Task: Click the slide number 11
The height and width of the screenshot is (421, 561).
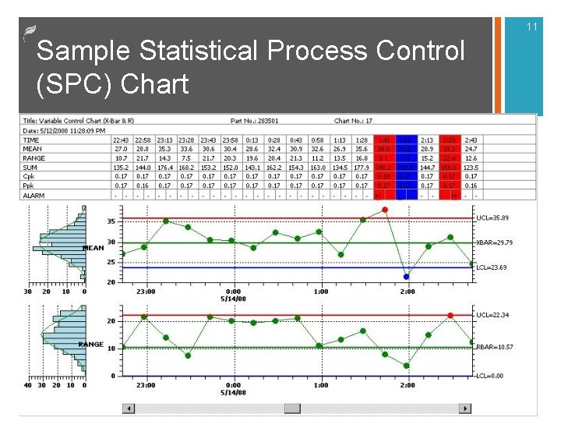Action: pyautogui.click(x=532, y=27)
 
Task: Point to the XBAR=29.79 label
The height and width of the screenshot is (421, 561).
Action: pyautogui.click(x=497, y=242)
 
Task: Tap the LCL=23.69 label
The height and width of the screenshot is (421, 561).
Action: pyautogui.click(x=496, y=267)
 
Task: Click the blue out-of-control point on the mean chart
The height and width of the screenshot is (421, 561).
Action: pyautogui.click(x=406, y=276)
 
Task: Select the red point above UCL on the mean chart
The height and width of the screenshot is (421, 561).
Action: pyautogui.click(x=385, y=210)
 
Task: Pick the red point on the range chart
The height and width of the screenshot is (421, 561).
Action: pyautogui.click(x=450, y=315)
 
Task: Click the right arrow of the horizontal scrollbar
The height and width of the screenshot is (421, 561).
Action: pyautogui.click(x=466, y=408)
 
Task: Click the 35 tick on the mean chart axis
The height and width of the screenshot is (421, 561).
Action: pyautogui.click(x=111, y=221)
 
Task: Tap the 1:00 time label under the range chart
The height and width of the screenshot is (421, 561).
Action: pyautogui.click(x=320, y=384)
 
